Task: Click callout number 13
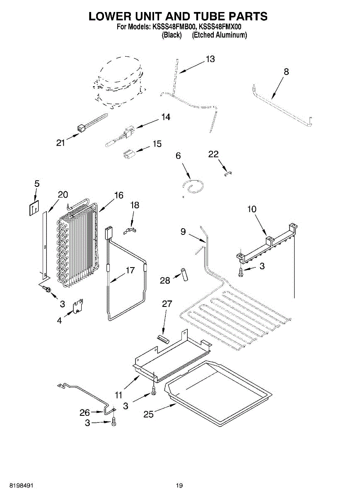210,59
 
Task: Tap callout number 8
286,72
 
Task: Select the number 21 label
61,143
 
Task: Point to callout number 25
149,413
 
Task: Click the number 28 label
165,281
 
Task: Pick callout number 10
252,209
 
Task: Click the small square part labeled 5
34,208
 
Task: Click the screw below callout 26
114,422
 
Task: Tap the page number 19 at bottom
179,485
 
